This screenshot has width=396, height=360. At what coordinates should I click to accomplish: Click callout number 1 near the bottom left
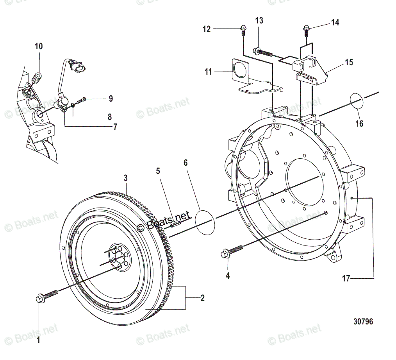[x=38, y=340]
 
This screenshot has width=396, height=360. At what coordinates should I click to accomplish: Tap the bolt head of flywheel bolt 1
[x=40, y=299]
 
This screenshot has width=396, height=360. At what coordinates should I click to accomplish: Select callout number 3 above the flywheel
[x=125, y=178]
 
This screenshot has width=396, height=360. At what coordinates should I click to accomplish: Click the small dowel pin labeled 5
[x=175, y=224]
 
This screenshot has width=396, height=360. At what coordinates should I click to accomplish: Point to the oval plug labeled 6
[x=205, y=222]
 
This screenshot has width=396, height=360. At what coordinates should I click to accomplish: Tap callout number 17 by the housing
[x=346, y=279]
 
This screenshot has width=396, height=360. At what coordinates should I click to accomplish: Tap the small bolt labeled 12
[x=243, y=29]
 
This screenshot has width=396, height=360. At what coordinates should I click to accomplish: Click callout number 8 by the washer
[x=110, y=116]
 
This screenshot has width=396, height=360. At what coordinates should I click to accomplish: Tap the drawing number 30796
[x=363, y=322]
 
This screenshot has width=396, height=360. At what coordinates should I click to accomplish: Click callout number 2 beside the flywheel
[x=202, y=298]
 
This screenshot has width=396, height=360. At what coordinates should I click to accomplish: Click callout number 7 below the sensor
[x=115, y=127]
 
